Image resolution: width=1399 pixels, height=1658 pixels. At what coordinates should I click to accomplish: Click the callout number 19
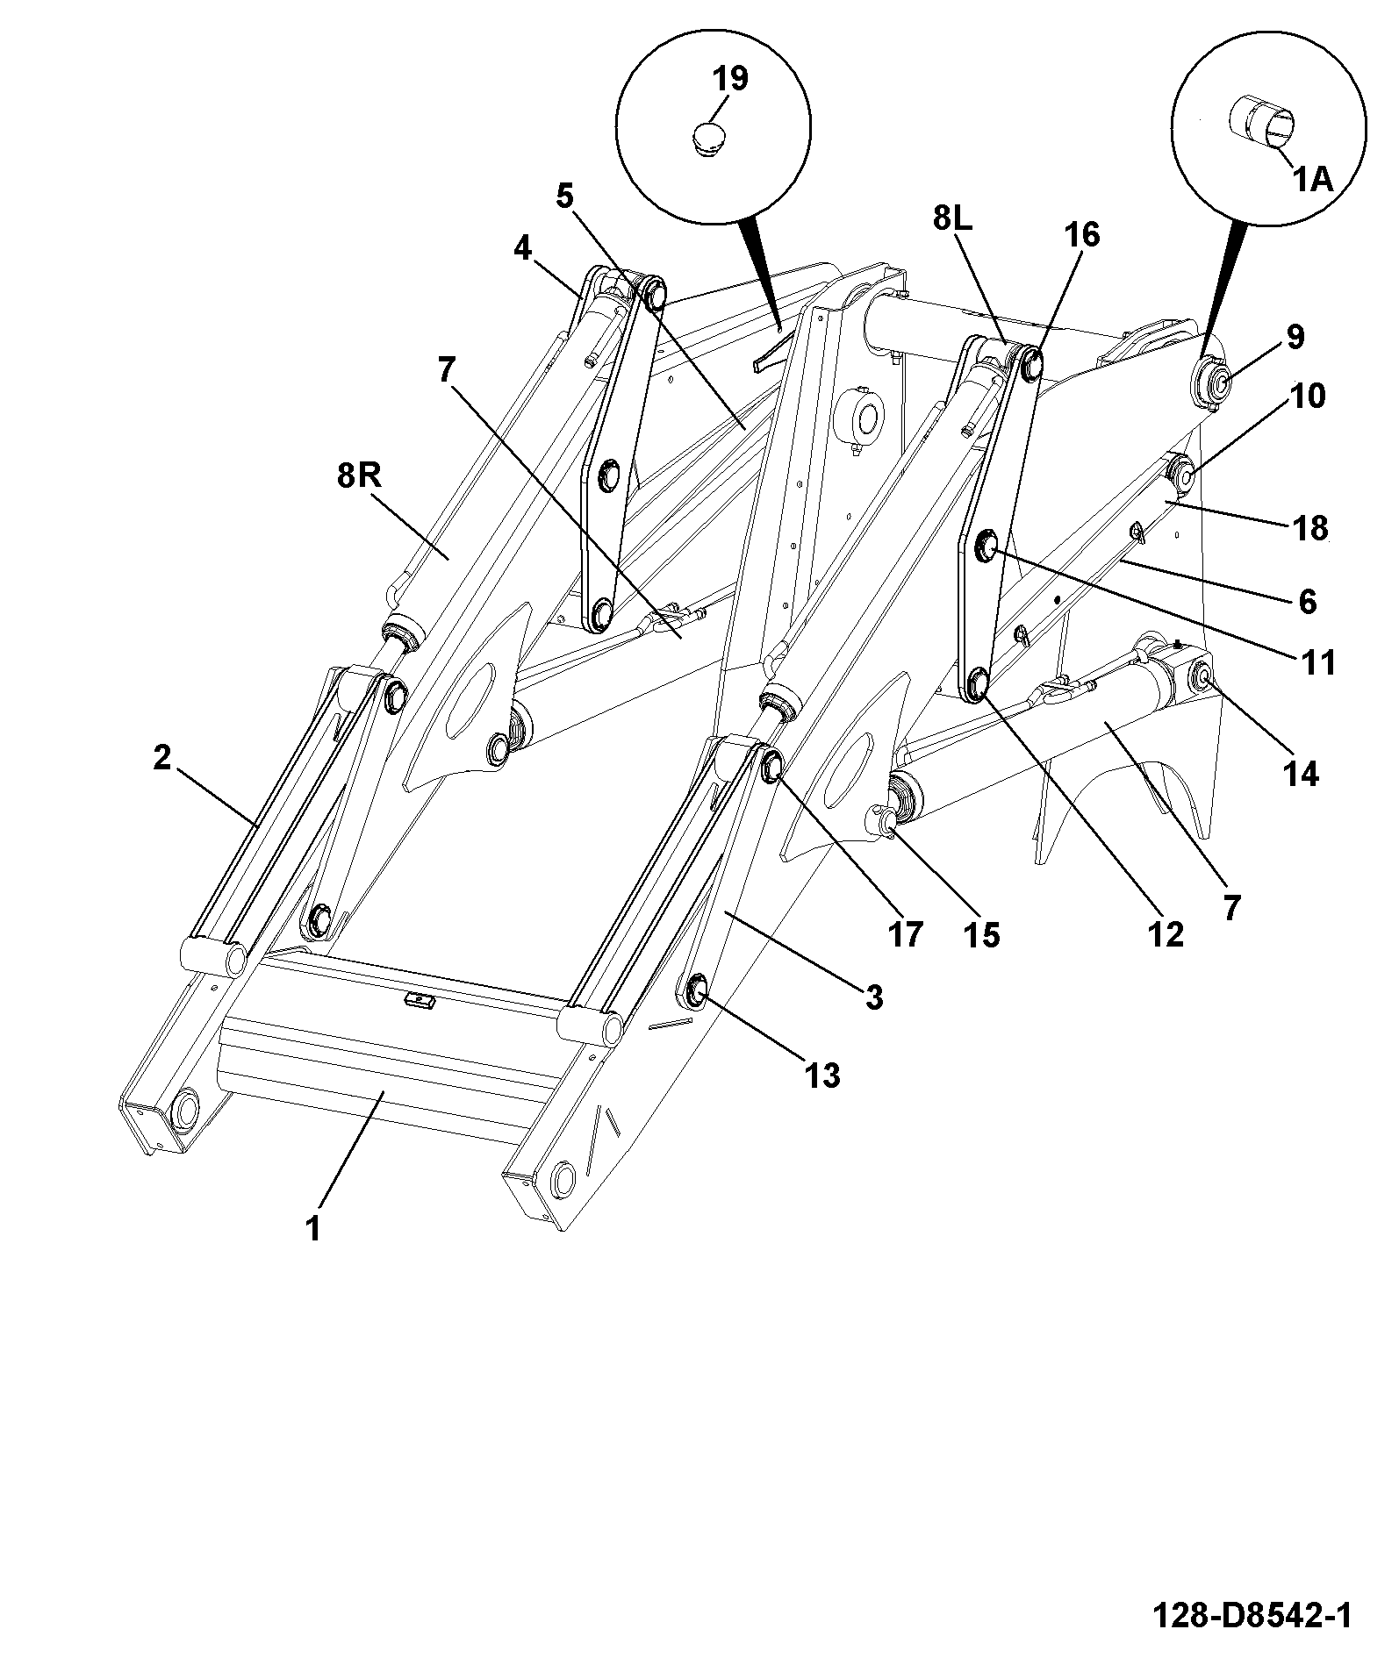click(729, 78)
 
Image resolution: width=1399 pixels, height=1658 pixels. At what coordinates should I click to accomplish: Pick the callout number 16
click(1081, 234)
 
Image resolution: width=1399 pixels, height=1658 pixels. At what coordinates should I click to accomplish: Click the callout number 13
click(821, 1075)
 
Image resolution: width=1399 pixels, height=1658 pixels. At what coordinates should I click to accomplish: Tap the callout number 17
click(905, 934)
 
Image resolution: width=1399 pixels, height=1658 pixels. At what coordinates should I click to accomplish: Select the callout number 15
click(982, 935)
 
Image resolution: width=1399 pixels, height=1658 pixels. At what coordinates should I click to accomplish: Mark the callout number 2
click(161, 757)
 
